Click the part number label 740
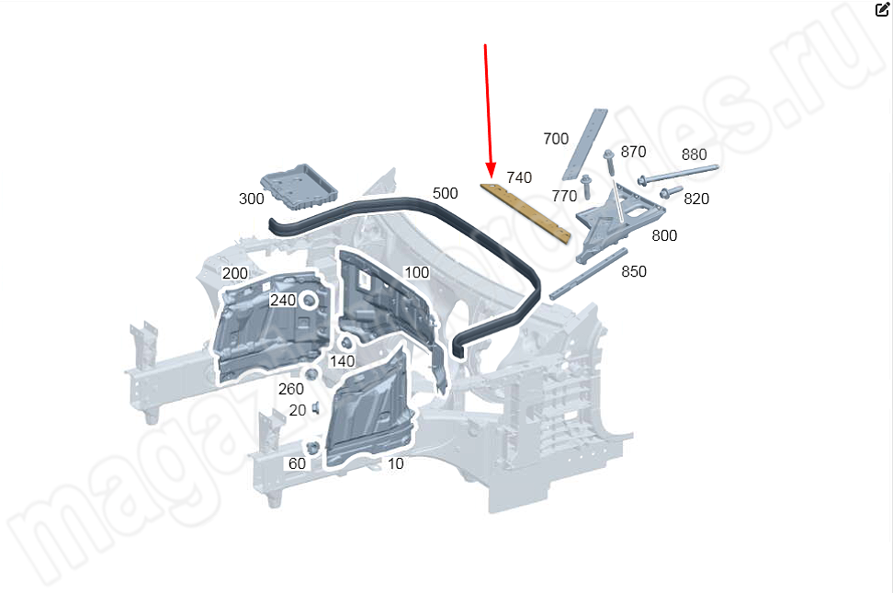pyautogui.click(x=519, y=177)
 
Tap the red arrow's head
pyautogui.click(x=491, y=172)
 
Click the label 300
pyautogui.click(x=251, y=199)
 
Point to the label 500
pyautogui.click(x=445, y=193)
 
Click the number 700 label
pyautogui.click(x=556, y=139)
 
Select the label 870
pyautogui.click(x=633, y=152)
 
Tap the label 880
pyautogui.click(x=694, y=154)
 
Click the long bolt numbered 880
pyautogui.click(x=677, y=173)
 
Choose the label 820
pyautogui.click(x=696, y=199)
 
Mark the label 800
pyautogui.click(x=664, y=235)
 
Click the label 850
pyautogui.click(x=634, y=271)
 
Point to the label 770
pyautogui.click(x=564, y=196)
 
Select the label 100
pyautogui.click(x=416, y=272)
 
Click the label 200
pyautogui.click(x=235, y=273)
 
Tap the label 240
pyautogui.click(x=282, y=301)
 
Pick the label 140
pyautogui.click(x=342, y=361)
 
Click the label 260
pyautogui.click(x=290, y=389)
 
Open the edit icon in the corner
pyautogui.click(x=882, y=10)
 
